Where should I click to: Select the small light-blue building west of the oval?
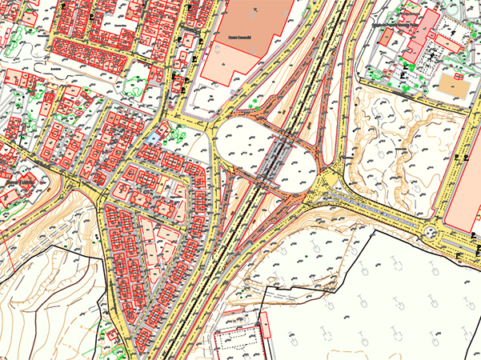coord(152,139)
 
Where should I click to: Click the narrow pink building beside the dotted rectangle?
coord(266,336)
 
